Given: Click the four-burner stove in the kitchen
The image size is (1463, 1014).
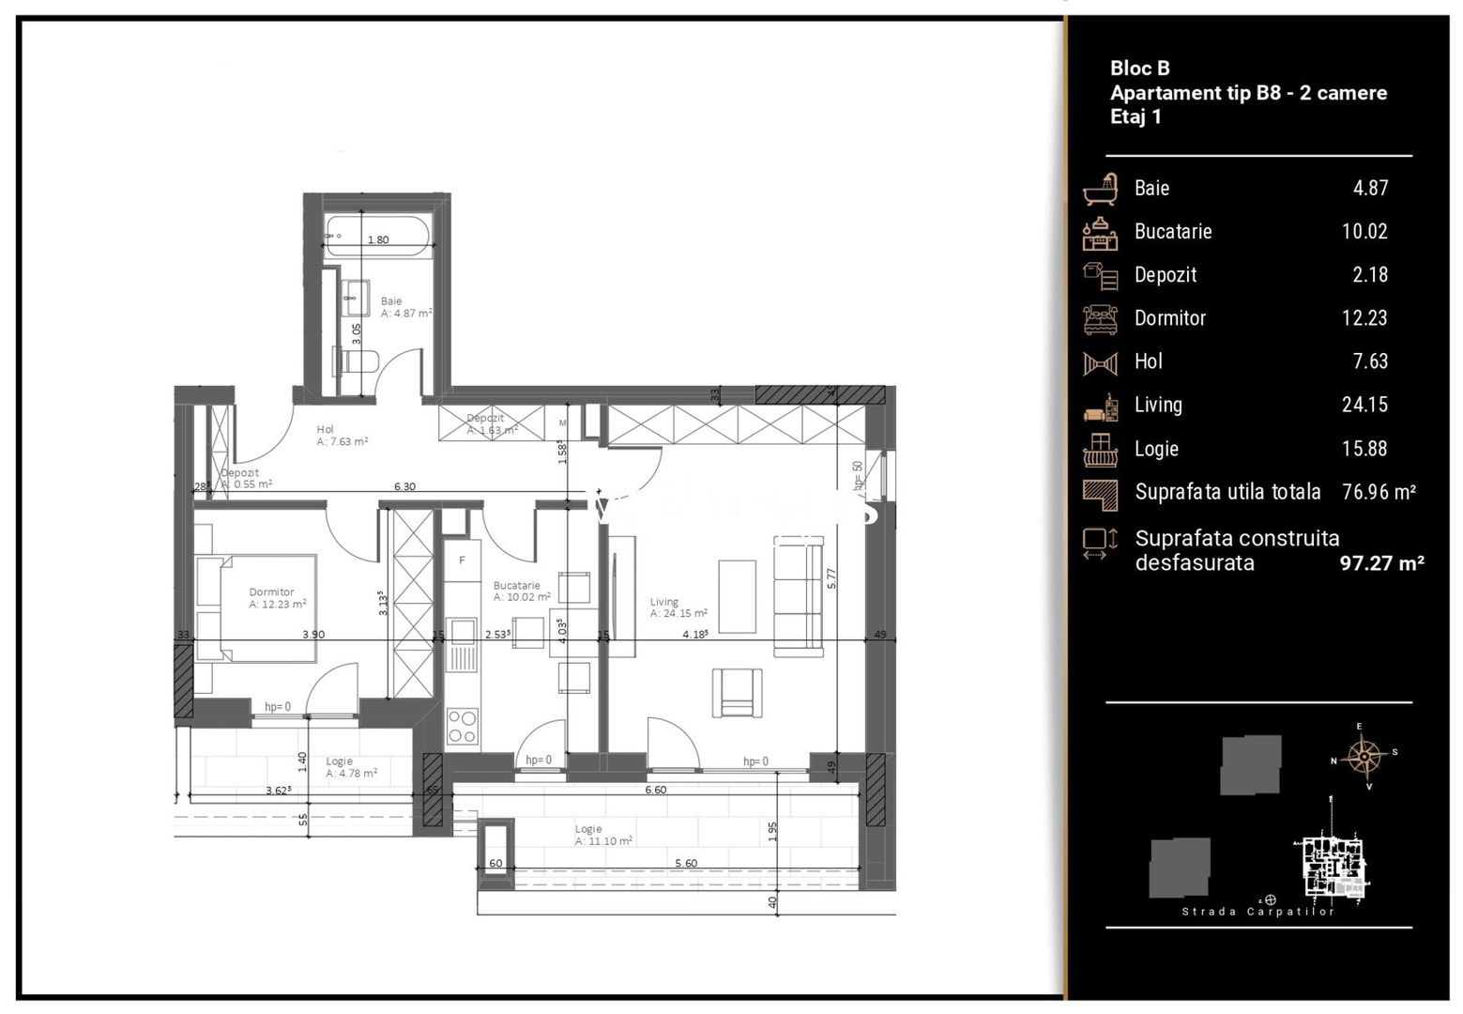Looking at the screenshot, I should click(462, 726).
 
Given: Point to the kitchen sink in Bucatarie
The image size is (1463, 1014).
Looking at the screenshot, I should click(461, 643).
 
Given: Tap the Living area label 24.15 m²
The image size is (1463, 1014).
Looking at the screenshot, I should click(678, 614).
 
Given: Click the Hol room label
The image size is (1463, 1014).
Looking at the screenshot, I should click(325, 430).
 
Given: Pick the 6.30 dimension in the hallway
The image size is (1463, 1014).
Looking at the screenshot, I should click(404, 486).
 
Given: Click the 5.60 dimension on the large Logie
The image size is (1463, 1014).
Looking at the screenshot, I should click(686, 863).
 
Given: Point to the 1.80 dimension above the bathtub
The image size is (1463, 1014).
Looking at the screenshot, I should click(378, 240).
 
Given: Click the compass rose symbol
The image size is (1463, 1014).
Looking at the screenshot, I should click(1363, 755).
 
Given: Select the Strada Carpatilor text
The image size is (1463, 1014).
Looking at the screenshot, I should click(1257, 912).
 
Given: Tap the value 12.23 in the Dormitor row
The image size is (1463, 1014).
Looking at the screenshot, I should click(1364, 318).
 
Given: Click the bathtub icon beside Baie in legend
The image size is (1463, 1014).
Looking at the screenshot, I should click(1100, 189).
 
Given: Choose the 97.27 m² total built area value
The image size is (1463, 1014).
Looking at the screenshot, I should click(1381, 563).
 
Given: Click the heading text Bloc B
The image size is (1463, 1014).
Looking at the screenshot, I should click(1139, 68).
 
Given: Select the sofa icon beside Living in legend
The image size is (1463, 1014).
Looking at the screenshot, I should click(1100, 407).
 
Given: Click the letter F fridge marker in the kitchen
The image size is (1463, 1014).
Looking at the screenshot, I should click(462, 561).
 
